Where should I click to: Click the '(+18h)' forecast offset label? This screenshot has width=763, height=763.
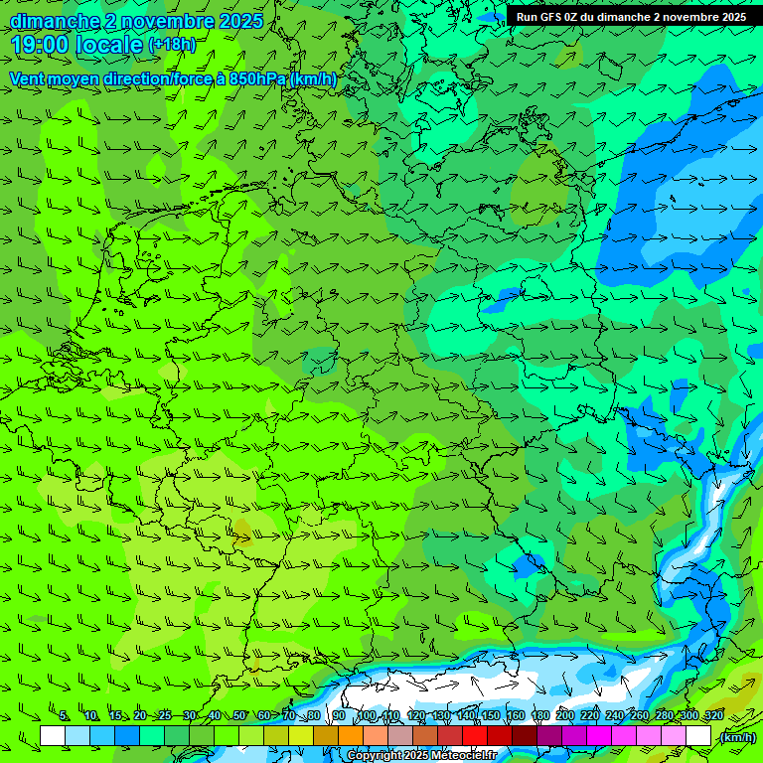172,45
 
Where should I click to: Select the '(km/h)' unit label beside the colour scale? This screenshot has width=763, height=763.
737,737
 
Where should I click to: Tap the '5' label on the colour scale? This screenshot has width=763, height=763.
65,716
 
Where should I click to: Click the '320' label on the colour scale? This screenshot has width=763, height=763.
712,716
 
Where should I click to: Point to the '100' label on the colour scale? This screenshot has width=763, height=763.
368,716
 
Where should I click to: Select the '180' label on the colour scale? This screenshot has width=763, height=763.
539,716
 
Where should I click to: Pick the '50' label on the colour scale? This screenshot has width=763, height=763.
239,716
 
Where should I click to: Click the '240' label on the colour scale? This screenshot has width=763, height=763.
614,716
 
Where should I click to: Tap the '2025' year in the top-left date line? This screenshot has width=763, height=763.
238,21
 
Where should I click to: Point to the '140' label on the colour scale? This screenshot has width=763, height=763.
466,716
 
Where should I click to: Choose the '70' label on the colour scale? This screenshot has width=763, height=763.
289,716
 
